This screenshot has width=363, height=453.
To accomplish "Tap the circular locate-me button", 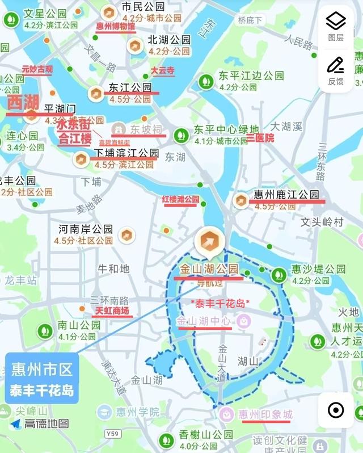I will pyautogui.click(x=336, y=410).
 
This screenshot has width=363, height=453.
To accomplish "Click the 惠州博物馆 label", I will pyautogui.click(x=115, y=26).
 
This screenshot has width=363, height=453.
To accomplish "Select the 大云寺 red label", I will pyautogui.click(x=162, y=72).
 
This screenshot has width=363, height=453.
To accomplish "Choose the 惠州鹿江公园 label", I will pyautogui.click(x=286, y=194).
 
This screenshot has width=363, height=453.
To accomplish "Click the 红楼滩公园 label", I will pyautogui.click(x=181, y=200).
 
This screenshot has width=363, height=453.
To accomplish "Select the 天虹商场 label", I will pyautogui.click(x=112, y=311).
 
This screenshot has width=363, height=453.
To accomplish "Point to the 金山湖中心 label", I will pyautogui.click(x=204, y=321).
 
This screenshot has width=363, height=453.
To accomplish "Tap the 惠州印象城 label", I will pyautogui.click(x=265, y=414).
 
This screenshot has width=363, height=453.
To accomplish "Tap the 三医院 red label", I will pyautogui.click(x=260, y=138).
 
